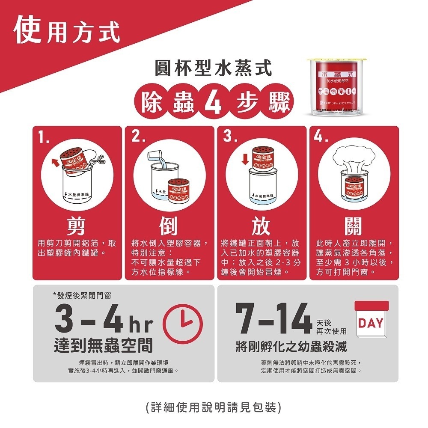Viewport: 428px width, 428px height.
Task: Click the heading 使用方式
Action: point(66,31)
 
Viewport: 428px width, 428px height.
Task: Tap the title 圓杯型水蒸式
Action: point(214,68)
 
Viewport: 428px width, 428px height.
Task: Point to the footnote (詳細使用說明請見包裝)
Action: point(214,407)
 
